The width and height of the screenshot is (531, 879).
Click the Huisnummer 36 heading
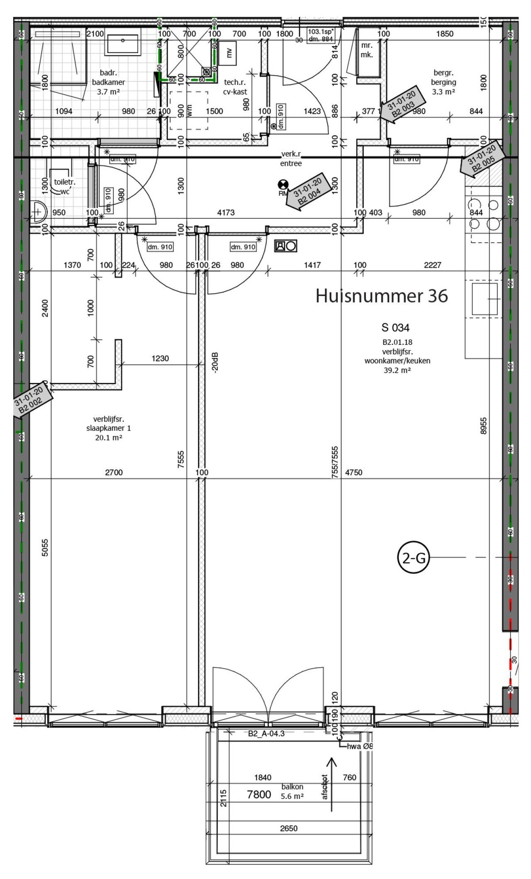pos(381,296)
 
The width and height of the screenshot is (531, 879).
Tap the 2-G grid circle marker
pos(414,558)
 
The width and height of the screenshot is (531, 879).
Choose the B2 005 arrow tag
pos(482,159)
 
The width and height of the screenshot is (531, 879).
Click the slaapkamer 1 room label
pos(108,428)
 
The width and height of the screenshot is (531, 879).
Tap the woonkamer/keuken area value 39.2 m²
pos(397,371)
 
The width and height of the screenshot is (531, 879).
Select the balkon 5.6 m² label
pos(292,796)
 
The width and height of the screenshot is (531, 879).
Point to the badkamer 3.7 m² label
pos(108,82)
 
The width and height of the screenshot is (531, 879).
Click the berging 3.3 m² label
pos(443,82)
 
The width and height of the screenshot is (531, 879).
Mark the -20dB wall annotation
pos(215,362)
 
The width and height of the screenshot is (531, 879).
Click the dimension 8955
pos(483,425)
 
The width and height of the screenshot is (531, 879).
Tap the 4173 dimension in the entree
pos(226,213)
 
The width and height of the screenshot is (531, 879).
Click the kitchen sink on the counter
pos(484,299)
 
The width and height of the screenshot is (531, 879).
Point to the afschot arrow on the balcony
pos(331,784)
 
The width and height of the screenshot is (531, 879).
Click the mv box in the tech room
pos(229,53)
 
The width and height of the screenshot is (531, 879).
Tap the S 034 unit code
pos(395,328)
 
